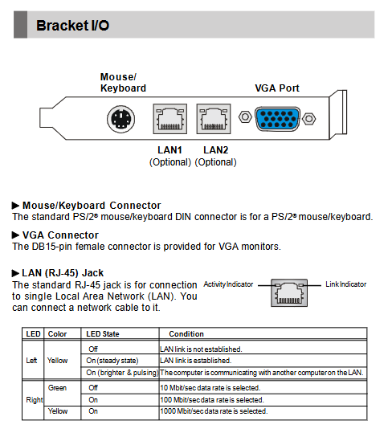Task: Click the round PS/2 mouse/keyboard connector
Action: coord(121,119)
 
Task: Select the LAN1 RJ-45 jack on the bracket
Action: coord(170,119)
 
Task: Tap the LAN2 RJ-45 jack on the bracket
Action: coord(214,119)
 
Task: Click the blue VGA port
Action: coord(277,119)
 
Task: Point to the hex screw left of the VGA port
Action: coord(245,116)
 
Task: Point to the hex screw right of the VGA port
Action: coord(309,119)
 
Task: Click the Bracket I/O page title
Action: coord(73,26)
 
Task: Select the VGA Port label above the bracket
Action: coord(277,88)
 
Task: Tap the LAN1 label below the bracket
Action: coord(169,150)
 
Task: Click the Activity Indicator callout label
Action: coord(228,284)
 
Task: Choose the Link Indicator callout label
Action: coord(346,284)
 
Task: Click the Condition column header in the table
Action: coord(186,334)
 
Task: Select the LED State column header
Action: coord(103,334)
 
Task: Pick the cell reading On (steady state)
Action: coord(112,361)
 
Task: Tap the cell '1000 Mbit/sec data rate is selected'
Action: coord(214,411)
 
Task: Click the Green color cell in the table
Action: coord(57,388)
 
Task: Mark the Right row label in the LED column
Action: coord(35,400)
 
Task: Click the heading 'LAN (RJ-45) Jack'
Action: coord(63,273)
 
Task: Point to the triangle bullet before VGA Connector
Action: coord(15,235)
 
